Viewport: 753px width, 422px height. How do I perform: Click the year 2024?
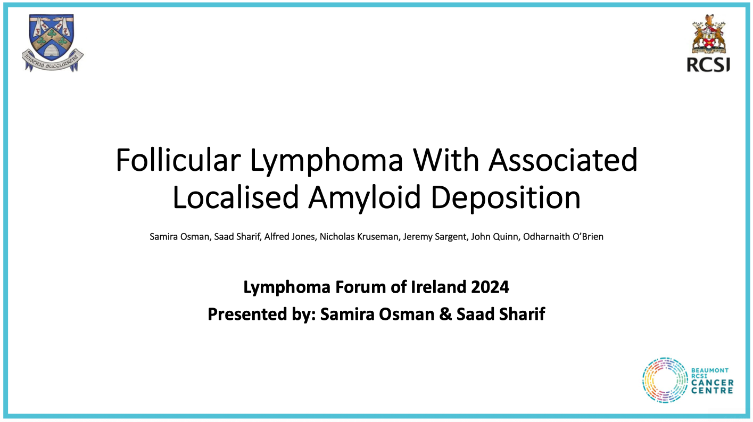490,287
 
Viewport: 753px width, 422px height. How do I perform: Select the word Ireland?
438,287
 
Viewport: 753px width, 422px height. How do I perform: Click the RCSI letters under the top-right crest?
708,64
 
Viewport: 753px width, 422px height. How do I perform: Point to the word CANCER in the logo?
712,383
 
